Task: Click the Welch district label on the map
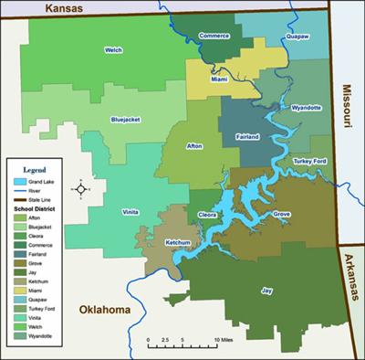point(113,50)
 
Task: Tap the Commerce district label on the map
point(213,36)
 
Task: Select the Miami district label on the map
point(219,79)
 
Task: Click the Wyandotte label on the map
point(306,107)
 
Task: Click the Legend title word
point(34,170)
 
